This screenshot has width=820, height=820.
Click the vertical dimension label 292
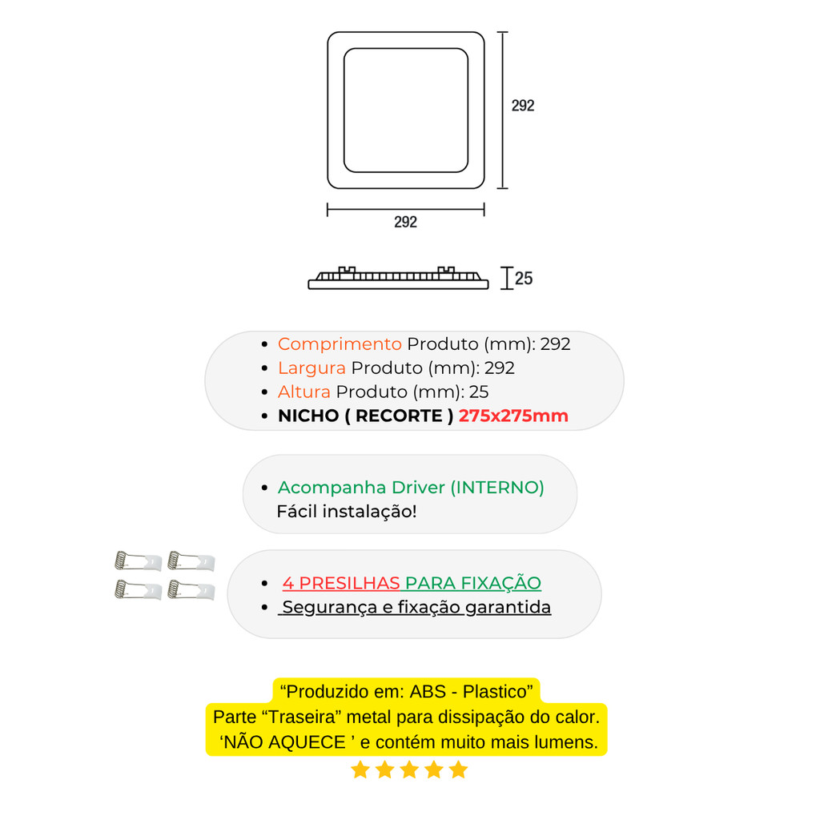(x=523, y=106)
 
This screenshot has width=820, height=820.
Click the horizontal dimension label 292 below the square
(x=405, y=223)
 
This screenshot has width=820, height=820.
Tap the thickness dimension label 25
(x=524, y=279)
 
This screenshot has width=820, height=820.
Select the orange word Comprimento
(x=340, y=344)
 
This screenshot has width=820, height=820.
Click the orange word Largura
(x=312, y=368)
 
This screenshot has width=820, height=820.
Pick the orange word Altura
(x=303, y=392)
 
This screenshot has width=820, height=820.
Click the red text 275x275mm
(x=513, y=416)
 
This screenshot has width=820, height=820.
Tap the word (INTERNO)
(x=497, y=488)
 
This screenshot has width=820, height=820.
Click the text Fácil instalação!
(x=347, y=511)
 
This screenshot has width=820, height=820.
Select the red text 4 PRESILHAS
(x=341, y=583)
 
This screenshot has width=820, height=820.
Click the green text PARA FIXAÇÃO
(x=472, y=583)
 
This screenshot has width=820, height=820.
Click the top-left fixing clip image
(x=139, y=561)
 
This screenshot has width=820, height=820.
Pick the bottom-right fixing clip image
(x=191, y=591)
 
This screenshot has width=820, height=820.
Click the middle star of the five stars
(x=409, y=770)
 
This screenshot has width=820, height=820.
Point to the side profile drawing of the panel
(x=398, y=278)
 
